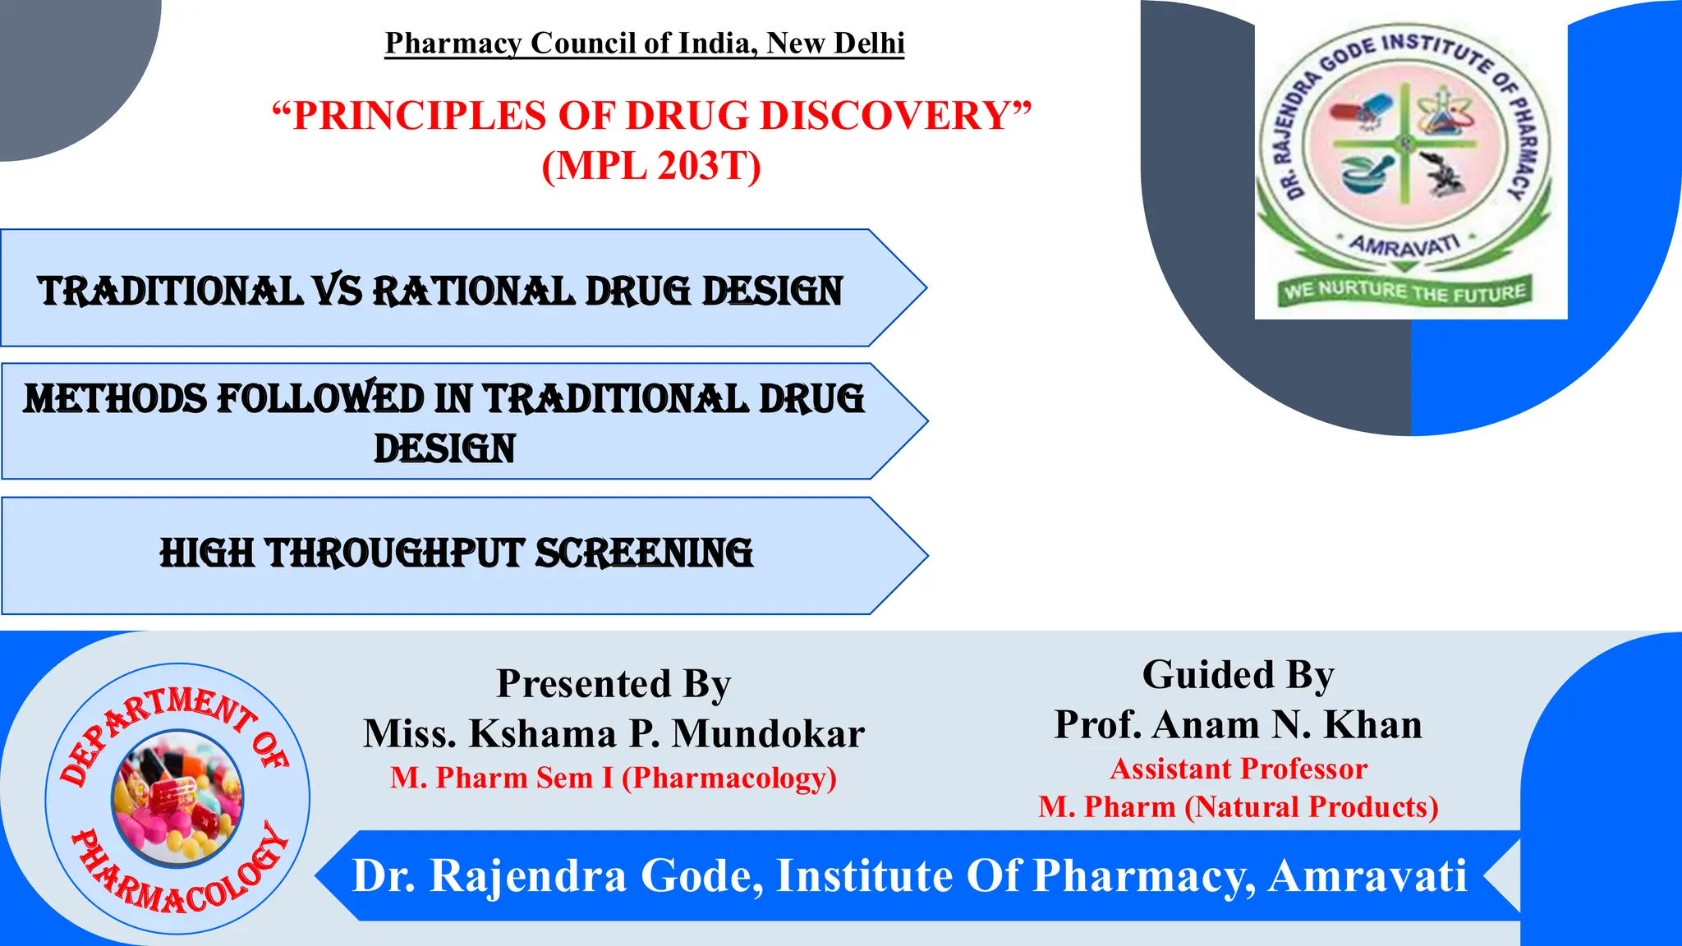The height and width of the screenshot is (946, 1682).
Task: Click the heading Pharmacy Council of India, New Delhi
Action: (x=645, y=43)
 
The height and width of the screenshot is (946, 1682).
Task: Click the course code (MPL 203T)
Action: (x=651, y=165)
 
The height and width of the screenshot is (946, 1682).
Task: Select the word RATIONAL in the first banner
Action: (x=474, y=292)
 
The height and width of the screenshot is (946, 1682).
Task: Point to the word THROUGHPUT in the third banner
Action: (x=393, y=553)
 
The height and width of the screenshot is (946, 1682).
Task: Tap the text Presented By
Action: (x=614, y=683)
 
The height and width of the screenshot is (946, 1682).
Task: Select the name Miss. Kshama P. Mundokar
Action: (x=614, y=733)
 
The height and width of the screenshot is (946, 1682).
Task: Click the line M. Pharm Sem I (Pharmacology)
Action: (x=614, y=778)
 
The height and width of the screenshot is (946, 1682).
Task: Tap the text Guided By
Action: (x=1238, y=675)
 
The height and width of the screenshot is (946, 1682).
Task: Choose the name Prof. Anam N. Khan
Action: (x=1238, y=724)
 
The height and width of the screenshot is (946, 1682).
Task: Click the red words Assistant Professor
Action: (x=1238, y=769)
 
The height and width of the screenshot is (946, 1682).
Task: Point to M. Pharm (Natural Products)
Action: (x=1238, y=806)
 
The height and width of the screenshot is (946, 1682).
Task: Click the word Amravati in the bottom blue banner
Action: (x=1367, y=875)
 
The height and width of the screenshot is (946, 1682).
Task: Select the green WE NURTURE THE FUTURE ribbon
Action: (x=1404, y=291)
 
